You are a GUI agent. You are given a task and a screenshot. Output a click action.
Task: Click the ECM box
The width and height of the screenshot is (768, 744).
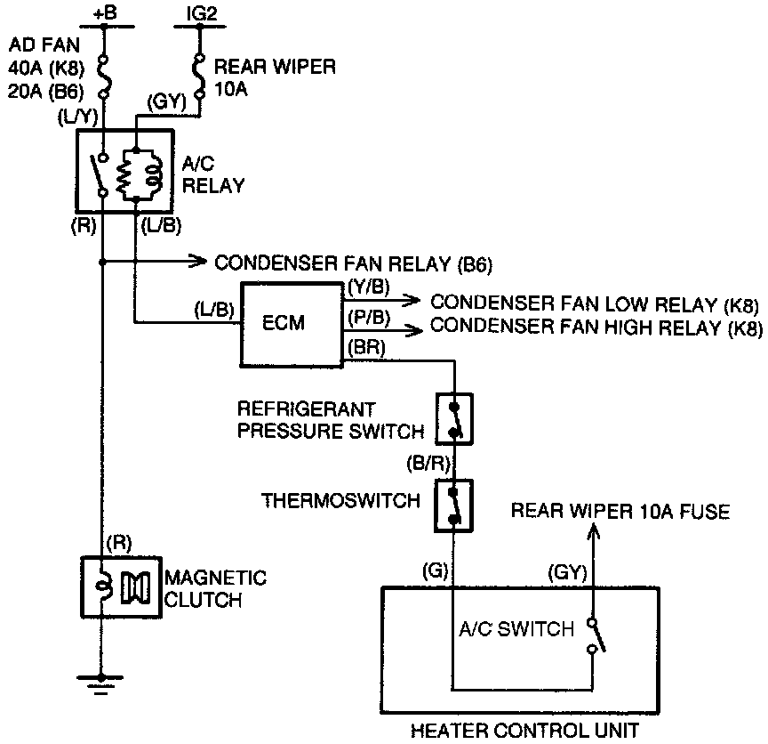point(284,324)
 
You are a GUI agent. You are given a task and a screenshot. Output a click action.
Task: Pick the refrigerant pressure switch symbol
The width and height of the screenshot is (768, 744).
point(455,418)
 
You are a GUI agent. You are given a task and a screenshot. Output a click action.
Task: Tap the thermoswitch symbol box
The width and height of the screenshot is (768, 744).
point(455,505)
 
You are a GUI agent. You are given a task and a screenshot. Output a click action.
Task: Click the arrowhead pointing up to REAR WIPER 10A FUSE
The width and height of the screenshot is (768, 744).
point(595,531)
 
